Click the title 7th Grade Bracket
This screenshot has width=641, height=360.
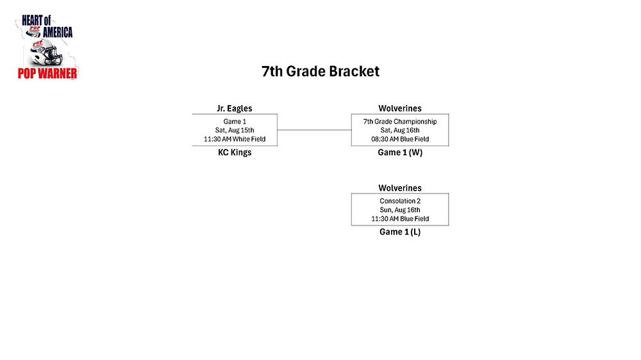click(320, 72)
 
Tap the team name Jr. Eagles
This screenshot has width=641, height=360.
click(235, 108)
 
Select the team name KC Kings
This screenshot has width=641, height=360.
click(235, 152)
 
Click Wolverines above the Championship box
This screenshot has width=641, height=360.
click(400, 108)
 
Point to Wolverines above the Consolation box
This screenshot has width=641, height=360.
click(400, 188)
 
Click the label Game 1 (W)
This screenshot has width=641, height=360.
click(400, 152)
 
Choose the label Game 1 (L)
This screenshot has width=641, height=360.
click(400, 232)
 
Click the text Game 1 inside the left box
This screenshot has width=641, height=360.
click(235, 121)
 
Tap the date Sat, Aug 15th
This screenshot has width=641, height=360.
click(235, 130)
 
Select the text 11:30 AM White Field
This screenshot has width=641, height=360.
click(235, 139)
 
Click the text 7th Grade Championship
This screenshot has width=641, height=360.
click(400, 121)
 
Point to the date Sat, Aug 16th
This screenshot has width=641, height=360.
click(400, 130)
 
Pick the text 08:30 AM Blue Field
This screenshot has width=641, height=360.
click(400, 139)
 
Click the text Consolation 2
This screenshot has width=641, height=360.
click(400, 201)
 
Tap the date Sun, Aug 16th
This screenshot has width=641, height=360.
click(400, 210)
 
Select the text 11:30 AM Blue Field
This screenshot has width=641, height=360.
click(400, 218)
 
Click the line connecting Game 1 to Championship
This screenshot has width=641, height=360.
click(314, 130)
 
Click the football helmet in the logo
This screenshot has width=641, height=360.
click(47, 53)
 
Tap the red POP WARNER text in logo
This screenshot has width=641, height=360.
click(47, 74)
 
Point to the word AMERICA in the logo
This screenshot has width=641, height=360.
click(58, 32)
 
